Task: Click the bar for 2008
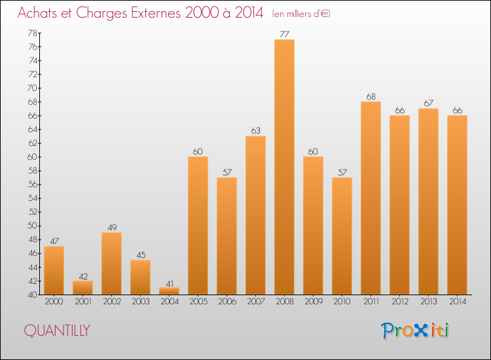click(284, 167)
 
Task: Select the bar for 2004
click(169, 291)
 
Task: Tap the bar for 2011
click(371, 198)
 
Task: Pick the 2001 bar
click(82, 288)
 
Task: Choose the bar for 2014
click(457, 205)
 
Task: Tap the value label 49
click(111, 228)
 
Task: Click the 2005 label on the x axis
click(198, 301)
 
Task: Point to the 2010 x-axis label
click(342, 301)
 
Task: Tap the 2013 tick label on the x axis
click(428, 301)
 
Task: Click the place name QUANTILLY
click(57, 331)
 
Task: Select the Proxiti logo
click(416, 331)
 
